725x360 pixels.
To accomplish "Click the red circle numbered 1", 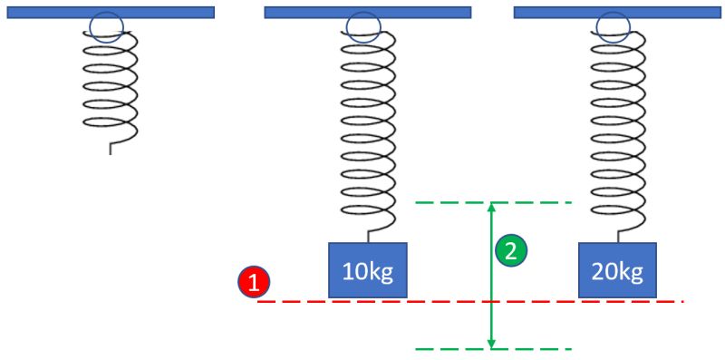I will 254,282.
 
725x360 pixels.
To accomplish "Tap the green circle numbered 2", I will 511,251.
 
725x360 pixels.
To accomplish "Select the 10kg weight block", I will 367,269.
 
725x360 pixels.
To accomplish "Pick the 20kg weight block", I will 617,269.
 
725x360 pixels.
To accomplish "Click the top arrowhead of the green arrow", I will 491,208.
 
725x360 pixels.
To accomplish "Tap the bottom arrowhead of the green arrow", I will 491,344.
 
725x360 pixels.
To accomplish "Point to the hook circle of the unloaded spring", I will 108,27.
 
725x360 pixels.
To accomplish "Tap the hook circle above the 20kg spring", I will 614,27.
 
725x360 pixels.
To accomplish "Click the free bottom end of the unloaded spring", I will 111,151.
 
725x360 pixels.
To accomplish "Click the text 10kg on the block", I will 367,271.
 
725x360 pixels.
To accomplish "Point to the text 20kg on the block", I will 617,271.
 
